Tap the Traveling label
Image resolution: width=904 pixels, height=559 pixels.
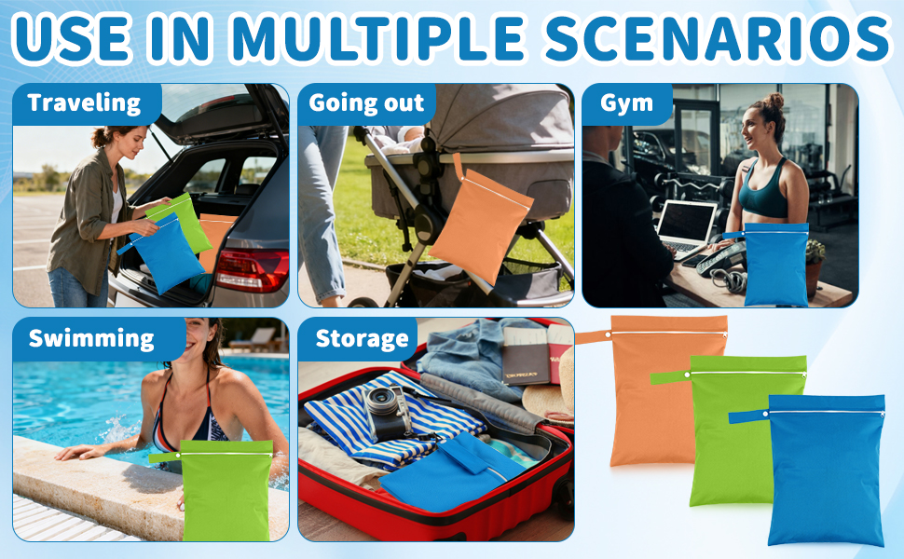(x=84, y=103)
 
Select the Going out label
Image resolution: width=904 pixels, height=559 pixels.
(x=366, y=102)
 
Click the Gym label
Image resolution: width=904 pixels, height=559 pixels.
(x=626, y=103)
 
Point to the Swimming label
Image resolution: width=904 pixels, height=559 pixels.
(x=91, y=339)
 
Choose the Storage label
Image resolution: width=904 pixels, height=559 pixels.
(x=362, y=339)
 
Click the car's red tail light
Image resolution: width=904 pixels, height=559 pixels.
(x=252, y=270)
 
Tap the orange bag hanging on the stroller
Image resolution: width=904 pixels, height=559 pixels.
(x=481, y=225)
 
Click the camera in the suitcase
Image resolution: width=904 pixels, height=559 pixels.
(x=388, y=413)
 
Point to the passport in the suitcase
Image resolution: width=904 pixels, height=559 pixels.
(x=526, y=357)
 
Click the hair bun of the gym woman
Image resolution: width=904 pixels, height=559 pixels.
(x=774, y=102)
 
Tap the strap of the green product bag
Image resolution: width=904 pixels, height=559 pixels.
(x=670, y=377)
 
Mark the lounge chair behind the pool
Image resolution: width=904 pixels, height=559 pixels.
(x=254, y=339)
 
